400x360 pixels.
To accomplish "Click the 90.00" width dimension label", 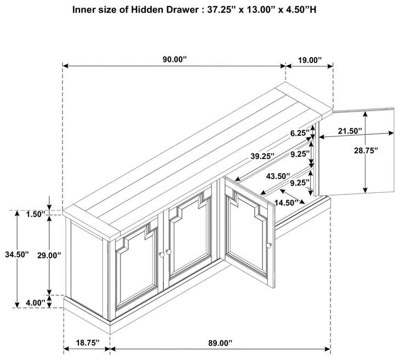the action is (175, 59).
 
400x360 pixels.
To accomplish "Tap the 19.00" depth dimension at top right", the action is (310, 60).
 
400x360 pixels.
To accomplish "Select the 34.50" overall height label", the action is (17, 254).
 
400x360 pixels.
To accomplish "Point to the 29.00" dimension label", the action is (49, 255).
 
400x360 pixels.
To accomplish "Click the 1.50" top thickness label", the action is (36, 214).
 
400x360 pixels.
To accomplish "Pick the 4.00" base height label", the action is (36, 303).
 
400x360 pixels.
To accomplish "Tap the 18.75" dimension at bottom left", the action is (88, 342).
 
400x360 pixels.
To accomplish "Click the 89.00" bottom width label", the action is (220, 343).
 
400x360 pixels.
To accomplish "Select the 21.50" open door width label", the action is (350, 131).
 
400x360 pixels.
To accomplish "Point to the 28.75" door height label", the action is (365, 151).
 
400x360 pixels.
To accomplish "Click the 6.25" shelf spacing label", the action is (300, 133).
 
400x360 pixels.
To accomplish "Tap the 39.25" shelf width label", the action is (262, 156).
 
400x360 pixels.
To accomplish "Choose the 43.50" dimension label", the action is (278, 176).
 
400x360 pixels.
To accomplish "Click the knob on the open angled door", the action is (268, 245).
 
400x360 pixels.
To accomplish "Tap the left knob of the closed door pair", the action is (162, 254).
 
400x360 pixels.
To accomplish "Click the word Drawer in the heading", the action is (182, 10).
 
